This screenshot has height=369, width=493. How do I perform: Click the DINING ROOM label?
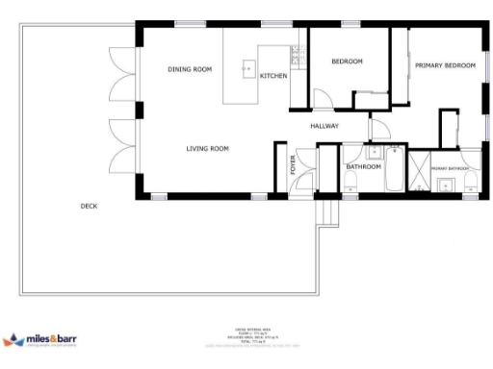point(189,69)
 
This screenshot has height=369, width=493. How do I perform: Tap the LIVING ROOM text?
point(207,148)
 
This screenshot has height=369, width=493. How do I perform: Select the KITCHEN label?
point(273,76)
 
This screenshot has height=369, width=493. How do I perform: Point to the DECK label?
point(89,206)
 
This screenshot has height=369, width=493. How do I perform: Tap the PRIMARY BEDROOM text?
point(445,65)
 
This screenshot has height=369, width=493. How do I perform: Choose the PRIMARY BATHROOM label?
point(450,169)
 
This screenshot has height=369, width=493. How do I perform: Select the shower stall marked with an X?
point(419,176)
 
